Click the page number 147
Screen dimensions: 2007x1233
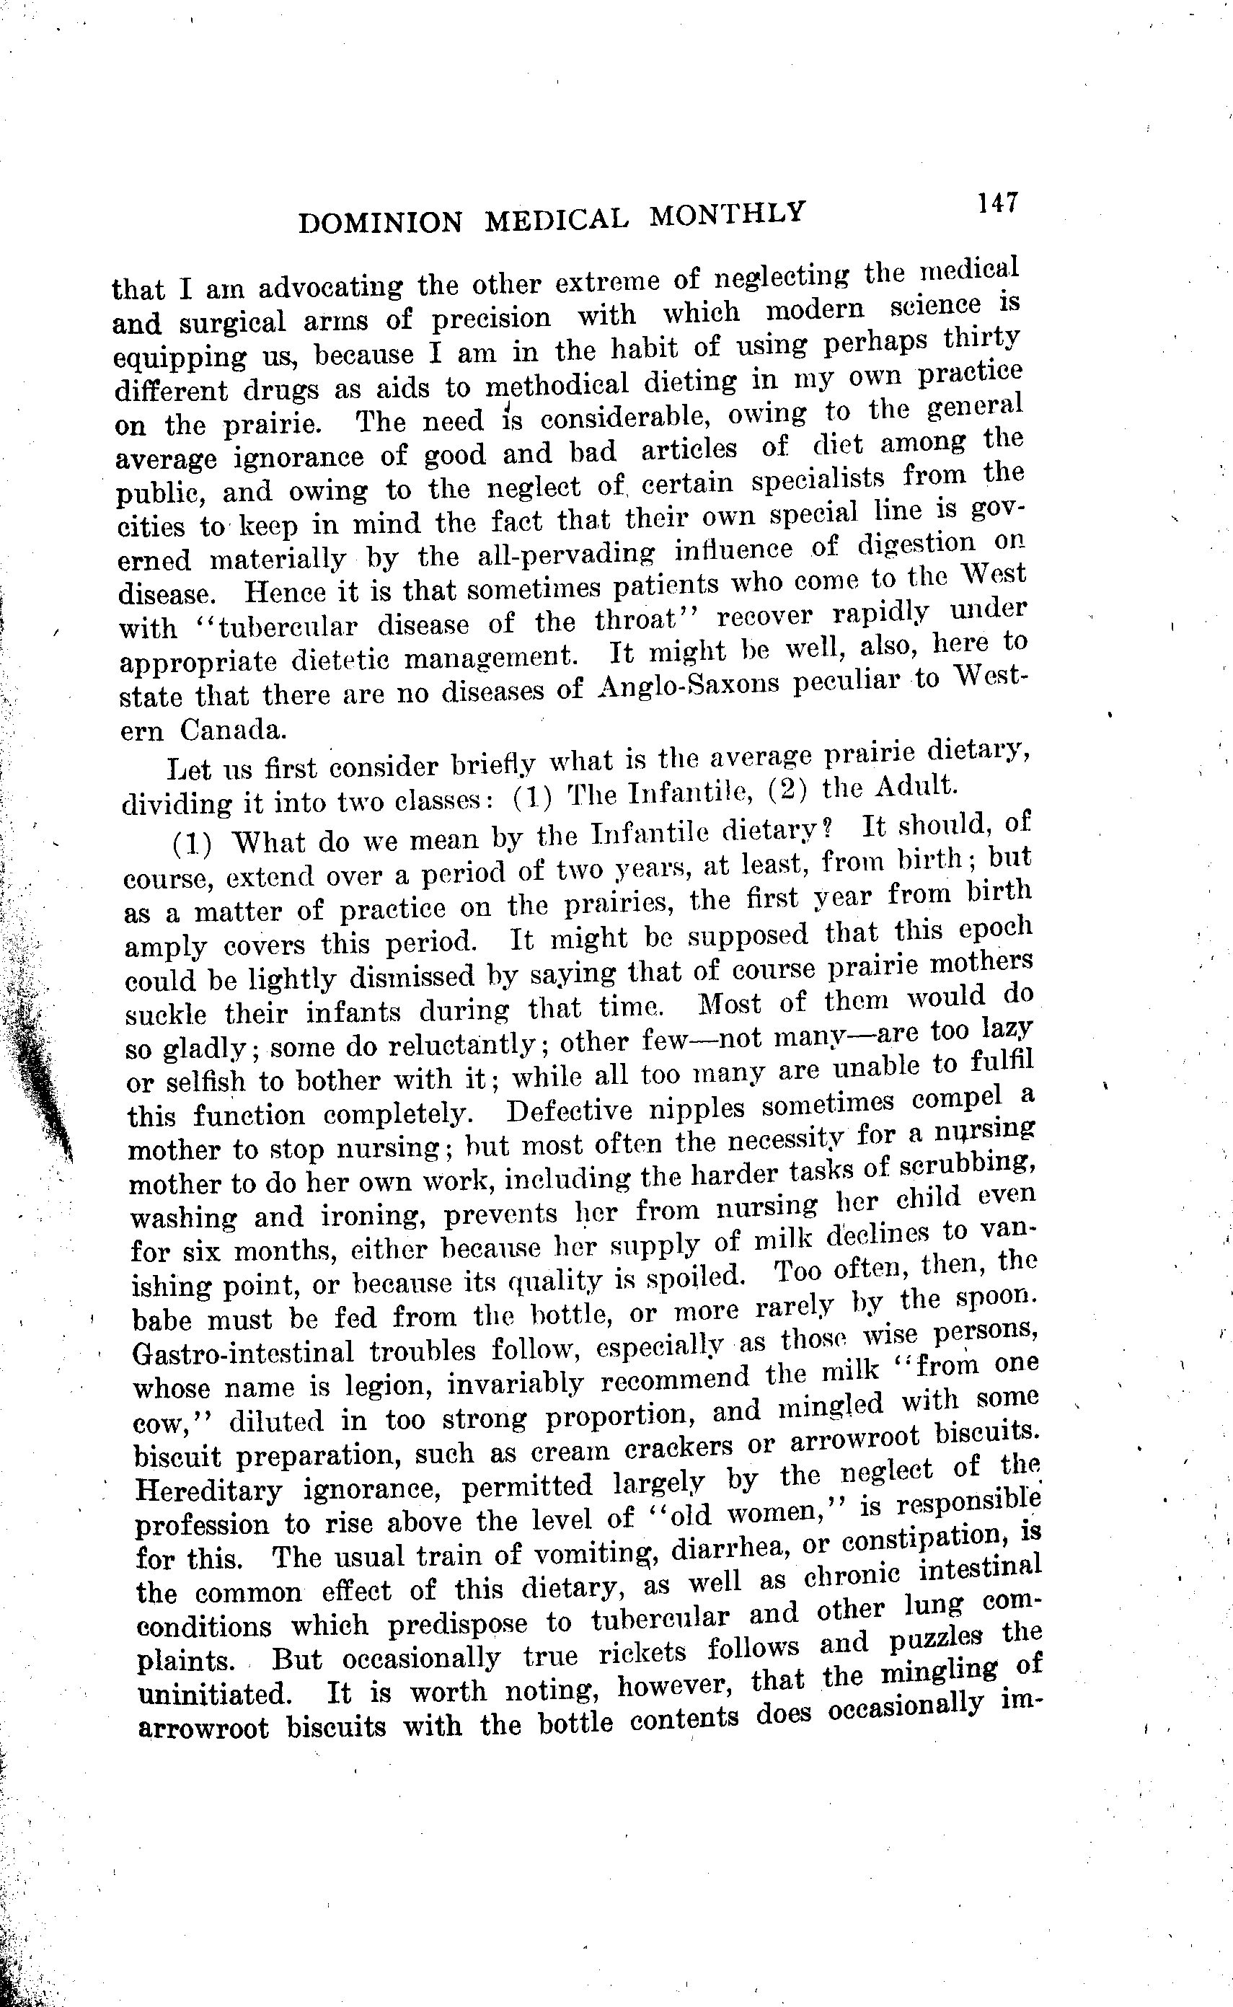997,203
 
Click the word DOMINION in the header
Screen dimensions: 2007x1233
380,222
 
